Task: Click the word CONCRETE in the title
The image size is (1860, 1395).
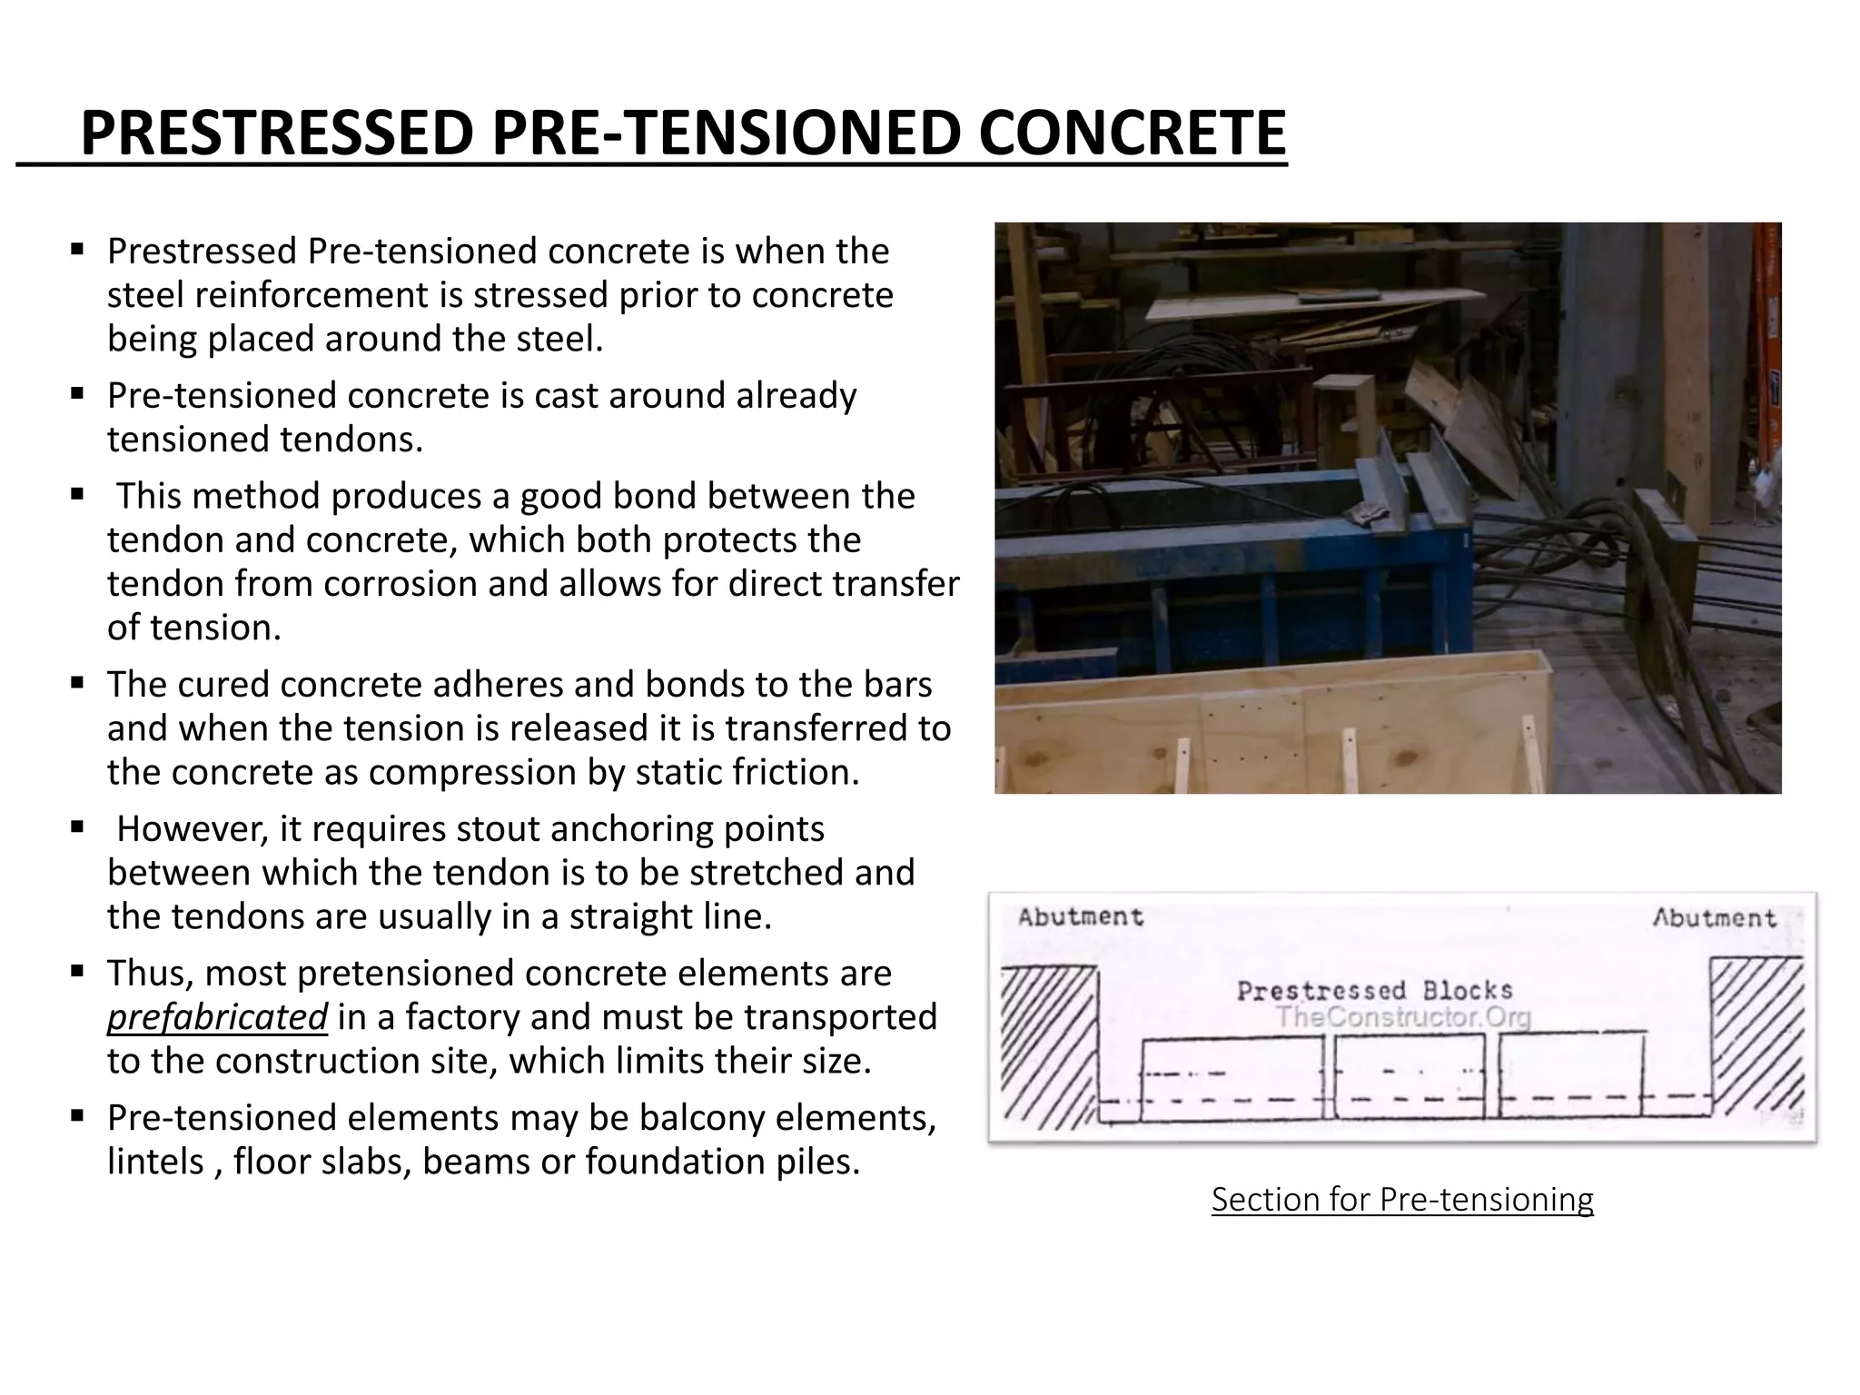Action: click(x=1132, y=133)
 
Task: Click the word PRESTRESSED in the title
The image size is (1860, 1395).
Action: click(x=277, y=133)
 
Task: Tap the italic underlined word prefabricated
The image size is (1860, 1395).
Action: click(x=217, y=1017)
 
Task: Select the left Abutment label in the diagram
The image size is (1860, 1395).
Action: click(x=1080, y=917)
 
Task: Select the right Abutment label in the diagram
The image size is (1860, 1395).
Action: click(x=1714, y=918)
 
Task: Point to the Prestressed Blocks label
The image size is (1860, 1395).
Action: click(x=1374, y=990)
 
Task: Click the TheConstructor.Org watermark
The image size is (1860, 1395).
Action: click(x=1403, y=1017)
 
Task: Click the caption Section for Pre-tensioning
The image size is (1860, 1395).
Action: click(x=1402, y=1200)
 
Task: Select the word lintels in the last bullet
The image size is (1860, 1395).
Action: click(x=155, y=1162)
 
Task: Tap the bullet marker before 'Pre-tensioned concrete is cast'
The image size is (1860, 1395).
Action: click(x=77, y=395)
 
